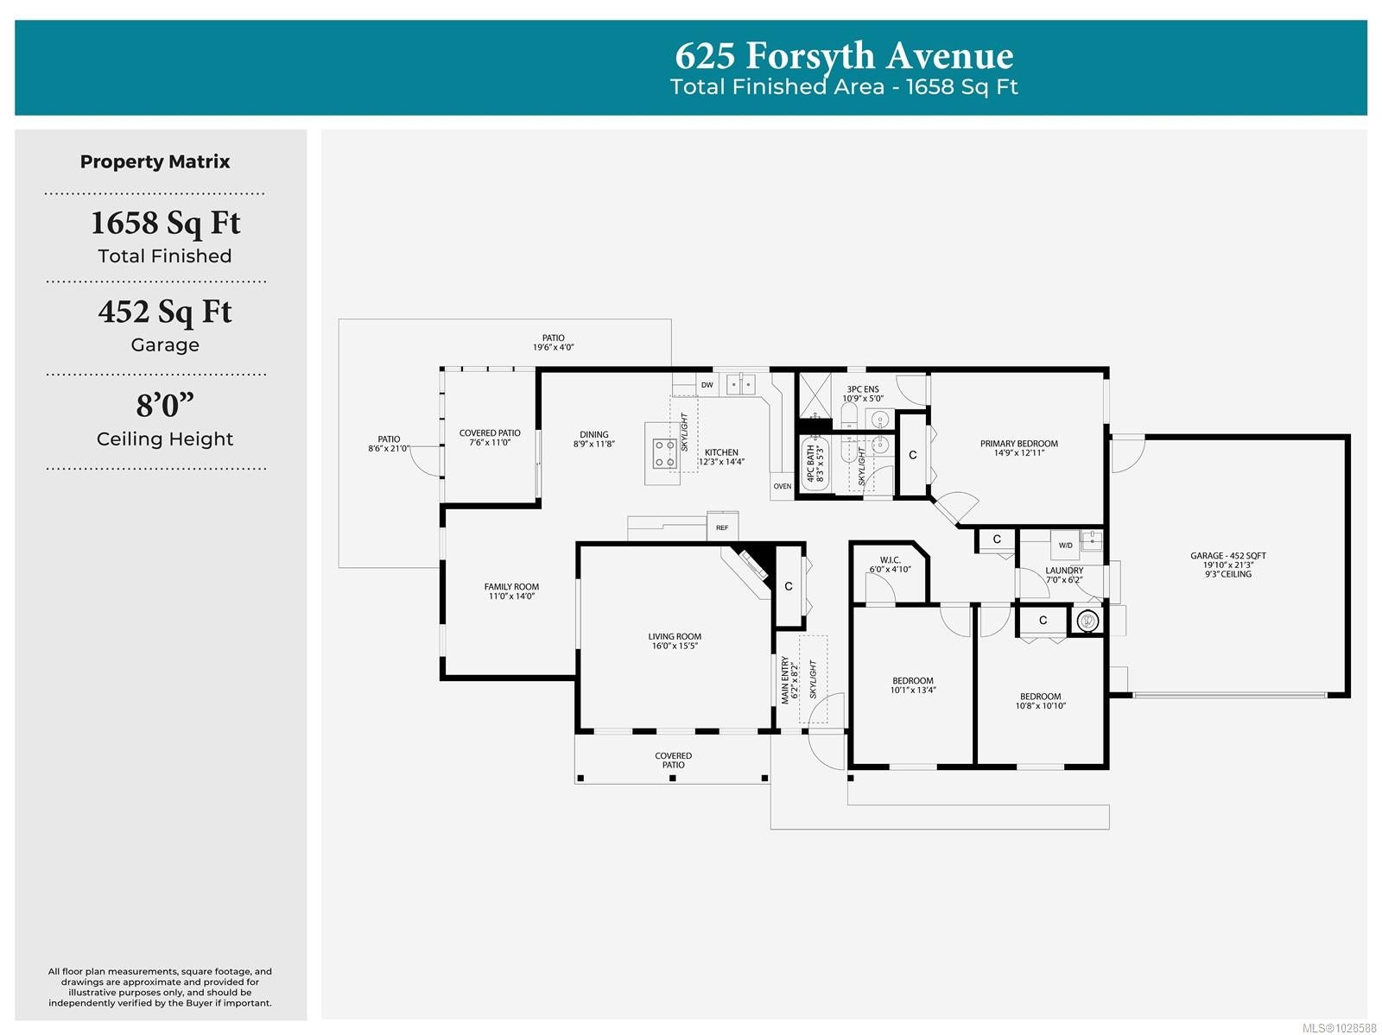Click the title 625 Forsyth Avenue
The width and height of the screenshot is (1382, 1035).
[x=844, y=55]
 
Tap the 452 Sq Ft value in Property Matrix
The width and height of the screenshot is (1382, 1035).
[x=165, y=312]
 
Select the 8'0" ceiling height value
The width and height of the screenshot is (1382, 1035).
[x=165, y=405]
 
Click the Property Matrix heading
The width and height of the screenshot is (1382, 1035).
[x=155, y=161]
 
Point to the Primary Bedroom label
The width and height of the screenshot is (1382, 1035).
[x=1018, y=444]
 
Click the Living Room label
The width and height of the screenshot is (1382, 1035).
[x=675, y=637]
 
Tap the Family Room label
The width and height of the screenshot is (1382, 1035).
[x=511, y=587]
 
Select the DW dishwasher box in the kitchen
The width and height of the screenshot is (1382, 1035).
[x=707, y=385]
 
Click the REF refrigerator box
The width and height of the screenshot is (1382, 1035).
[x=722, y=527]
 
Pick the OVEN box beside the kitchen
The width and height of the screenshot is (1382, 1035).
[x=782, y=486]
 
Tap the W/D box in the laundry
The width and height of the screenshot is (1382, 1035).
[x=1065, y=545]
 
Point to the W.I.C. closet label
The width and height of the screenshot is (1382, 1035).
[x=890, y=560]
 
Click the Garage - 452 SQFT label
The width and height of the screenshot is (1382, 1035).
[x=1227, y=556]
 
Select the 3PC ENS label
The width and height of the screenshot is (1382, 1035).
[x=863, y=389]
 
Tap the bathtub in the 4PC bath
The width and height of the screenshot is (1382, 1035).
[x=815, y=463]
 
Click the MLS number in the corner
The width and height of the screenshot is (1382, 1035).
[x=1339, y=1028]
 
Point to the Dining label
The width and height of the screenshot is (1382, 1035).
[x=593, y=434]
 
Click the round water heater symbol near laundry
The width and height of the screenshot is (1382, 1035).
[x=1087, y=621]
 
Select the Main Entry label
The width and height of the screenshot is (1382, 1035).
[x=785, y=679]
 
